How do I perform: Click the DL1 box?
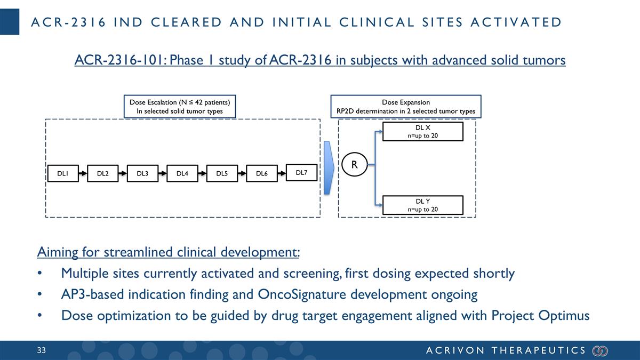pos(63,173)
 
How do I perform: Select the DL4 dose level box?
pos(182,173)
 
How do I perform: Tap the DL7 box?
pos(302,172)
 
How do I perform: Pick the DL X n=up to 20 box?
pos(423,132)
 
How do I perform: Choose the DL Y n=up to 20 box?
pos(423,205)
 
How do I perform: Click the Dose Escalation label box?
pos(180,107)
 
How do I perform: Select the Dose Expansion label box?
pos(406,107)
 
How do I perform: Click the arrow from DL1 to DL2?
pos(83,173)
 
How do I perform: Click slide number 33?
pos(42,350)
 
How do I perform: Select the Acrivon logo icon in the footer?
pos(600,350)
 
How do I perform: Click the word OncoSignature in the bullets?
pos(306,294)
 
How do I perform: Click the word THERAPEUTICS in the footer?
pos(538,350)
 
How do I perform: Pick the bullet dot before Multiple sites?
pos(41,274)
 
